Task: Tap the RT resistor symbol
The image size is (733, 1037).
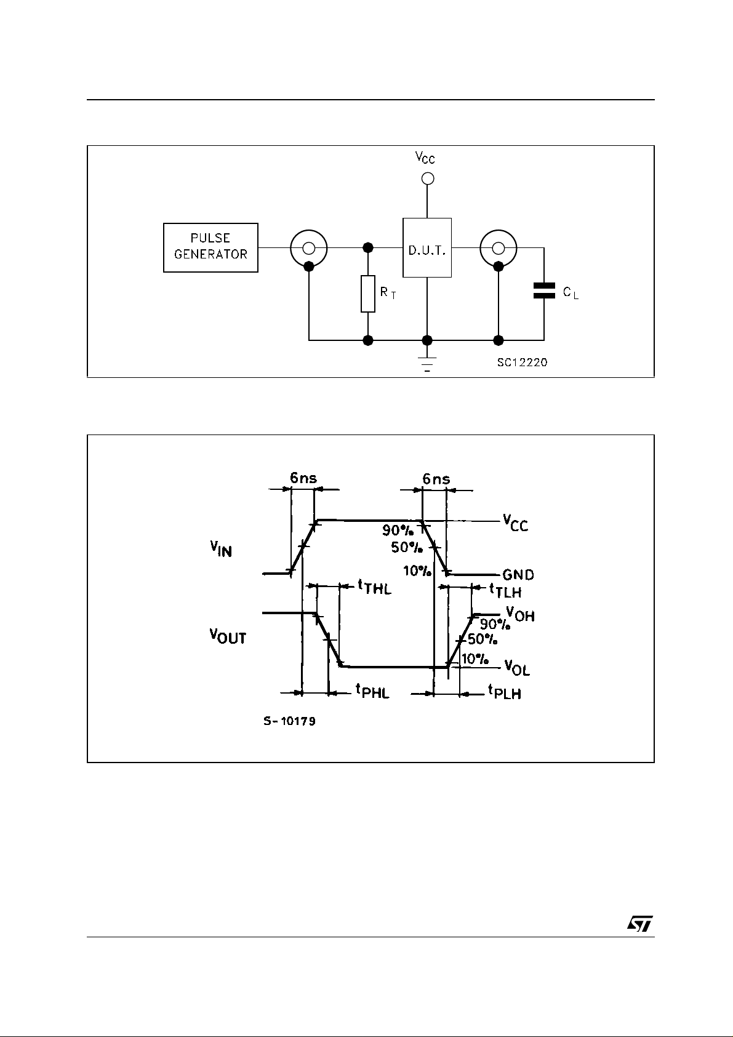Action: [x=368, y=294]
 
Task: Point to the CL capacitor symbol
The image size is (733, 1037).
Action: [x=543, y=291]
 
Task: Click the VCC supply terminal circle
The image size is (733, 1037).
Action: [x=427, y=178]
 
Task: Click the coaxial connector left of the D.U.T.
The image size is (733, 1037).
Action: [x=309, y=248]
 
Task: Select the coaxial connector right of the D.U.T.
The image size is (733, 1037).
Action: [x=499, y=248]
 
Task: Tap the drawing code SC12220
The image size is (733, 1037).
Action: [x=522, y=362]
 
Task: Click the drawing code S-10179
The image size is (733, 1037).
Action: [x=290, y=721]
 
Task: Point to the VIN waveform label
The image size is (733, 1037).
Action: [x=221, y=549]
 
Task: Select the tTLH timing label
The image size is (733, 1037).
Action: [x=505, y=591]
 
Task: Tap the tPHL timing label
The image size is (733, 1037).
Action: [x=373, y=691]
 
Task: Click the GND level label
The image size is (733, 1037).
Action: [x=518, y=575]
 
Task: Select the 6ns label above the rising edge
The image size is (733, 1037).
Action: [x=303, y=478]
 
